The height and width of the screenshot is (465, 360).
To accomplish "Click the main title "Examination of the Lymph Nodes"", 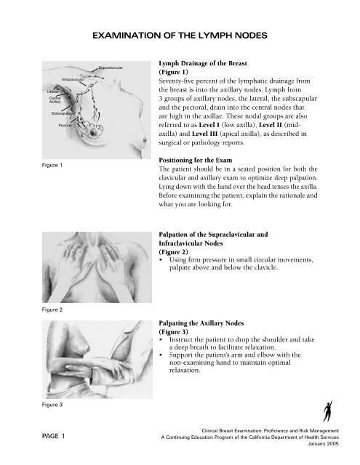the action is coord(180,36).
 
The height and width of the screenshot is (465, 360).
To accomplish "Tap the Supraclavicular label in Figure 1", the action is coord(111,68).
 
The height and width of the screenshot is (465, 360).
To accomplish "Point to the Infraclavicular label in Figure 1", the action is coord(73,79).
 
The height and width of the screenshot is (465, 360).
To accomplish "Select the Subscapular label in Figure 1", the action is coord(61,113).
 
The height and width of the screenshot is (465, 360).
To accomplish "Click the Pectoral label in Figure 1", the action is coord(65,126).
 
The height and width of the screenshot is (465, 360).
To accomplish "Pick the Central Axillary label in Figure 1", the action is coord(55,100).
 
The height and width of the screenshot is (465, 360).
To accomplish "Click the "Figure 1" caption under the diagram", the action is coord(52,165).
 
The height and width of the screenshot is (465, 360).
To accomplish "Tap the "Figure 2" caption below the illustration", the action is coord(52,310).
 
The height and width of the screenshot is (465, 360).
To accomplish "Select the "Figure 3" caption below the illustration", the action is coord(52,405).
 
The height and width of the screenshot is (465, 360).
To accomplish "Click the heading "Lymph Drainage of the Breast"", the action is coord(203,63).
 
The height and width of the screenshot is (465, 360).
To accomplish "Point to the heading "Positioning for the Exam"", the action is coord(196,160).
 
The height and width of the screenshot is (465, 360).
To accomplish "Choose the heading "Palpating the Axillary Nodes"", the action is coord(201,323).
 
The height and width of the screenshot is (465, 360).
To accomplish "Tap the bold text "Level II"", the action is coord(271,125).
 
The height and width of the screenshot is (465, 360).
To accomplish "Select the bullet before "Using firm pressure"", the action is coord(161,260).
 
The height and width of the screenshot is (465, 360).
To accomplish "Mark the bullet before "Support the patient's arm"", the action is coord(161,355).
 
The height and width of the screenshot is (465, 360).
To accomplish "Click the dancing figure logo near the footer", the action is coord(328,411).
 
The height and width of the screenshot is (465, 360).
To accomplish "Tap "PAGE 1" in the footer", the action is coord(53,436).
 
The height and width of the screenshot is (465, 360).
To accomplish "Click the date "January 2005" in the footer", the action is coord(323,444).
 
